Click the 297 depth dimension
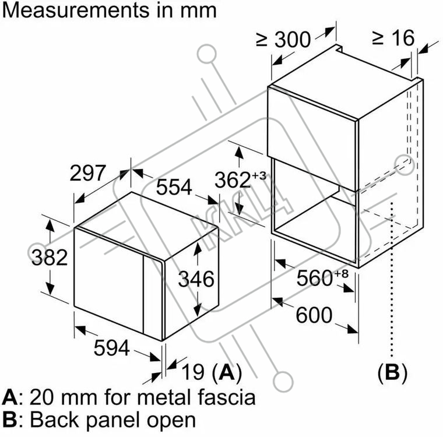[x=88, y=173]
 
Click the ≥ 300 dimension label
[x=284, y=40]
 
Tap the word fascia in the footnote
[x=223, y=397]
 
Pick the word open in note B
[x=170, y=420]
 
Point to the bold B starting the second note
[x=9, y=420]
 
